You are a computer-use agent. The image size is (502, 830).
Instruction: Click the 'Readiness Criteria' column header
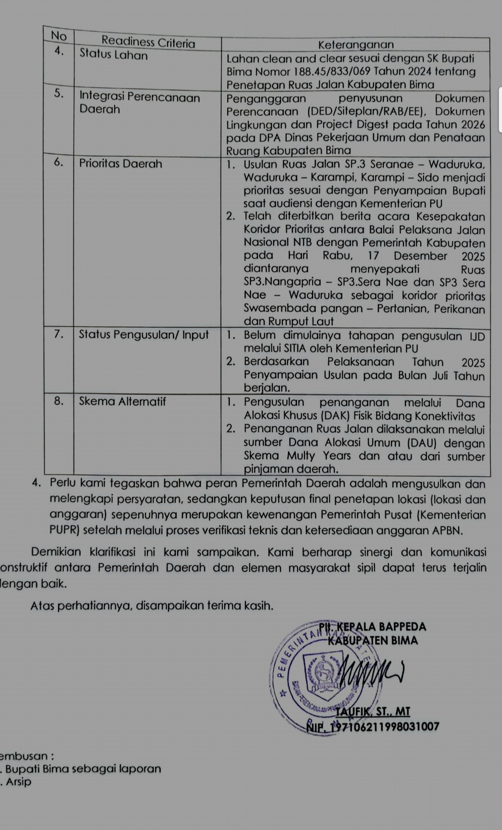(x=148, y=42)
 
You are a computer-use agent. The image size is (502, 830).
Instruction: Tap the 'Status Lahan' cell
(x=114, y=55)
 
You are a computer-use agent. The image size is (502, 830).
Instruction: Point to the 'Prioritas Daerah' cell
(x=121, y=164)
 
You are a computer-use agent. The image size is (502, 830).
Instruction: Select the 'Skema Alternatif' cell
(x=123, y=402)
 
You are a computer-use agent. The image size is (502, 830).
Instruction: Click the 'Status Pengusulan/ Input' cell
(x=144, y=334)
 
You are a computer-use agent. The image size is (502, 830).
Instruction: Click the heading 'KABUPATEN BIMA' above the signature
(x=373, y=641)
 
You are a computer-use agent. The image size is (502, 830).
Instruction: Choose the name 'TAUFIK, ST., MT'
(x=373, y=712)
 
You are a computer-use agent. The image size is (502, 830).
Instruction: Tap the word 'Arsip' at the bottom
(x=19, y=782)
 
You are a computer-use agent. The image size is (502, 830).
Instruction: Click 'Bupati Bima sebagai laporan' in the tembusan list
(x=83, y=769)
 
